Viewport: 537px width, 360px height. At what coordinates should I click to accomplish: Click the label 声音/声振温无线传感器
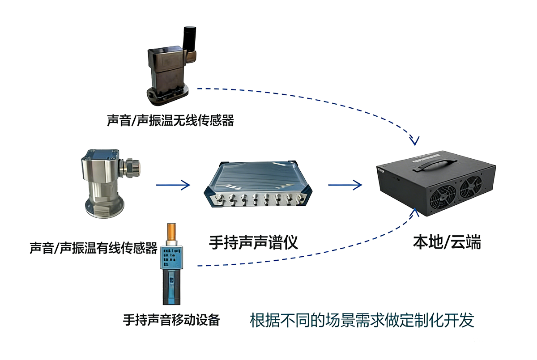[170, 120]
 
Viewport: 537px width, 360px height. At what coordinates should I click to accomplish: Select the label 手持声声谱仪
[253, 244]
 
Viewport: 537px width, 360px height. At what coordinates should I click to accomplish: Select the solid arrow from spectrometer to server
[345, 184]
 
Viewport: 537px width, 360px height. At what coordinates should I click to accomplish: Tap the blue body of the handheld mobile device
[170, 286]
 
